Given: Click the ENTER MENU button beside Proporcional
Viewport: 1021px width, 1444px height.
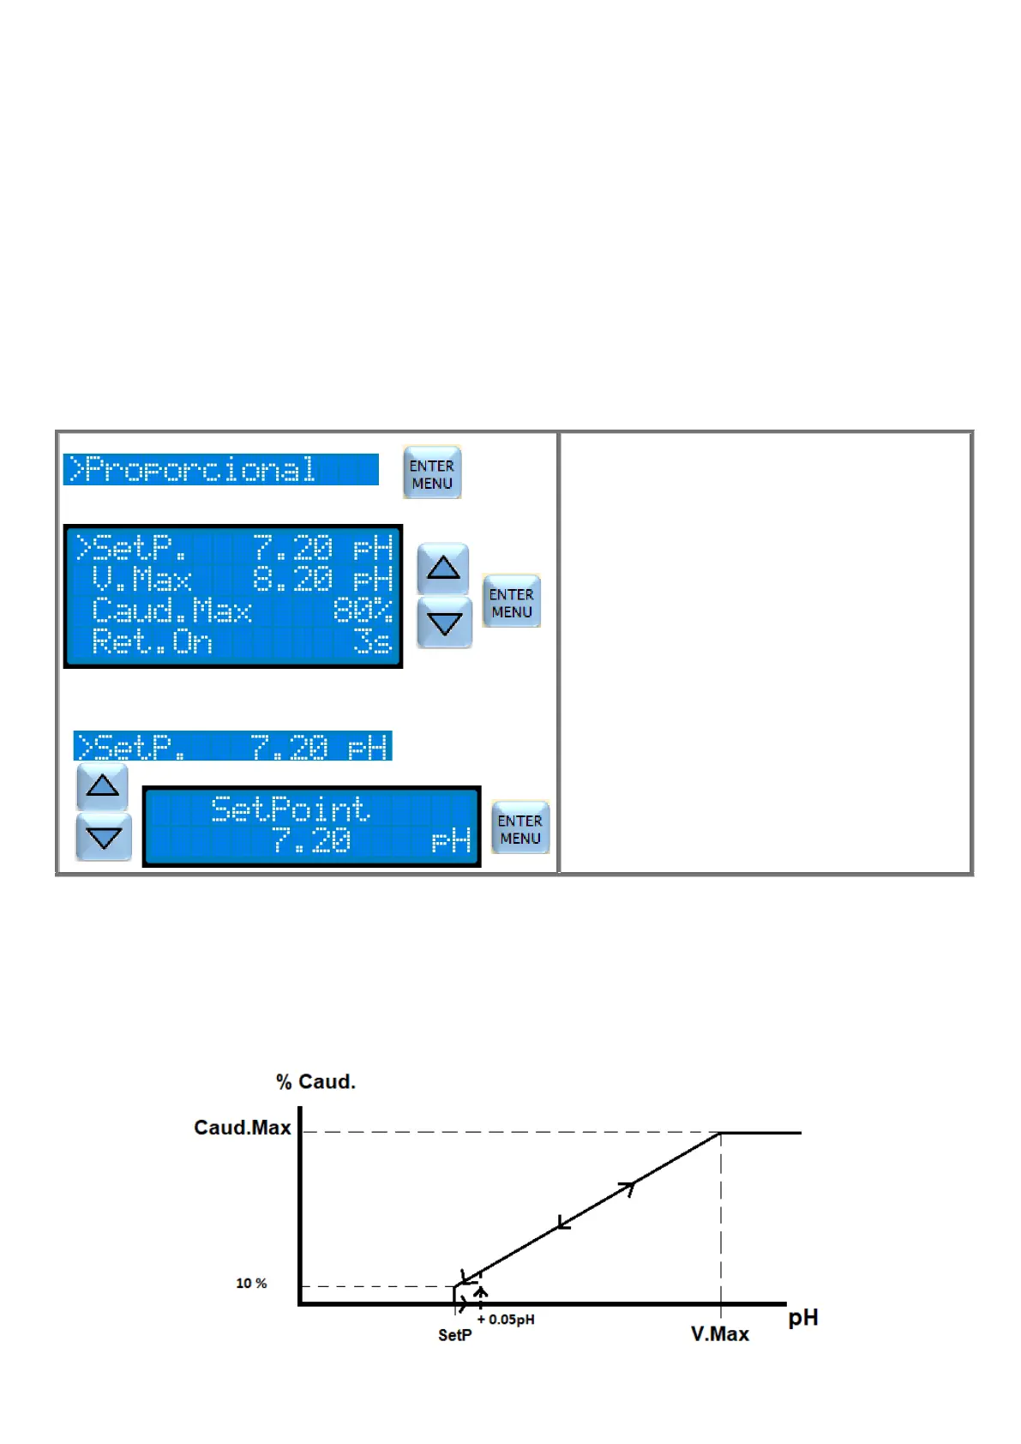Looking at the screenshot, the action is tap(432, 472).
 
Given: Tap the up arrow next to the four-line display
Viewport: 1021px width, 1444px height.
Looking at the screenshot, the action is tap(443, 568).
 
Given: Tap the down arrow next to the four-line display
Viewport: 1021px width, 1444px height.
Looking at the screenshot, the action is tap(444, 623).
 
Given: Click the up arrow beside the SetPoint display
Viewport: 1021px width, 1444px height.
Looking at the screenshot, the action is tap(103, 786).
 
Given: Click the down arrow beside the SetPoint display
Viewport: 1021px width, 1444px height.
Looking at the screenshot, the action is tap(104, 837).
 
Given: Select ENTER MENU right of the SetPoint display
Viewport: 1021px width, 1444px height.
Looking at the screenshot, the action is tap(520, 828).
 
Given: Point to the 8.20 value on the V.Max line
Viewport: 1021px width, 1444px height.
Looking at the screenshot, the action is tap(292, 580).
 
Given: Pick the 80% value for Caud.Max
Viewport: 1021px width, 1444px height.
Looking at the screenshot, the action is tap(362, 611).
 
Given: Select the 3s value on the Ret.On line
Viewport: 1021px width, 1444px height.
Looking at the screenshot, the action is tap(373, 641).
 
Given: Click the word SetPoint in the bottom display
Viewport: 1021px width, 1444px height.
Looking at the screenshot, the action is tap(290, 809).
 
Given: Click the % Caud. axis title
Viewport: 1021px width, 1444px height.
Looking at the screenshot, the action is tap(315, 1082).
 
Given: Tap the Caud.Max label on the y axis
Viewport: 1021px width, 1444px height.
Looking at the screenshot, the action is tap(243, 1128).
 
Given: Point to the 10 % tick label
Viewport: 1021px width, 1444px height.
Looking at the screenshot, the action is tap(251, 1284).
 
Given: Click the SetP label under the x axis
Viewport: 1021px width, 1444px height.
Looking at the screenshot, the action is tap(454, 1335).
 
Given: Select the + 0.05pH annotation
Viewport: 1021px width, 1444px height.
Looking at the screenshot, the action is tap(506, 1320).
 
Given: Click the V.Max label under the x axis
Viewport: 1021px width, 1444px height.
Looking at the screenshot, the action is tap(720, 1334).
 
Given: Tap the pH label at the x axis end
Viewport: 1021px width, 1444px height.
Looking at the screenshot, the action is tap(803, 1318).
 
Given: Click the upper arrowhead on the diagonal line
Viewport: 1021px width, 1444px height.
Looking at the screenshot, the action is tap(628, 1188).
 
